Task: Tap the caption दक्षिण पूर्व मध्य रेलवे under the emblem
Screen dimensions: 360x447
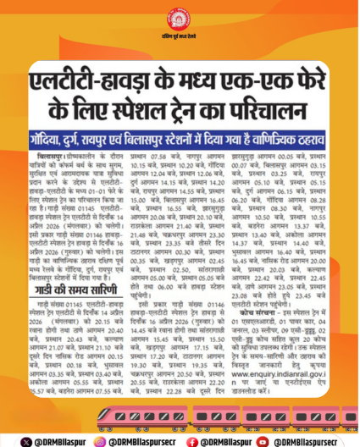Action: point(180,39)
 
